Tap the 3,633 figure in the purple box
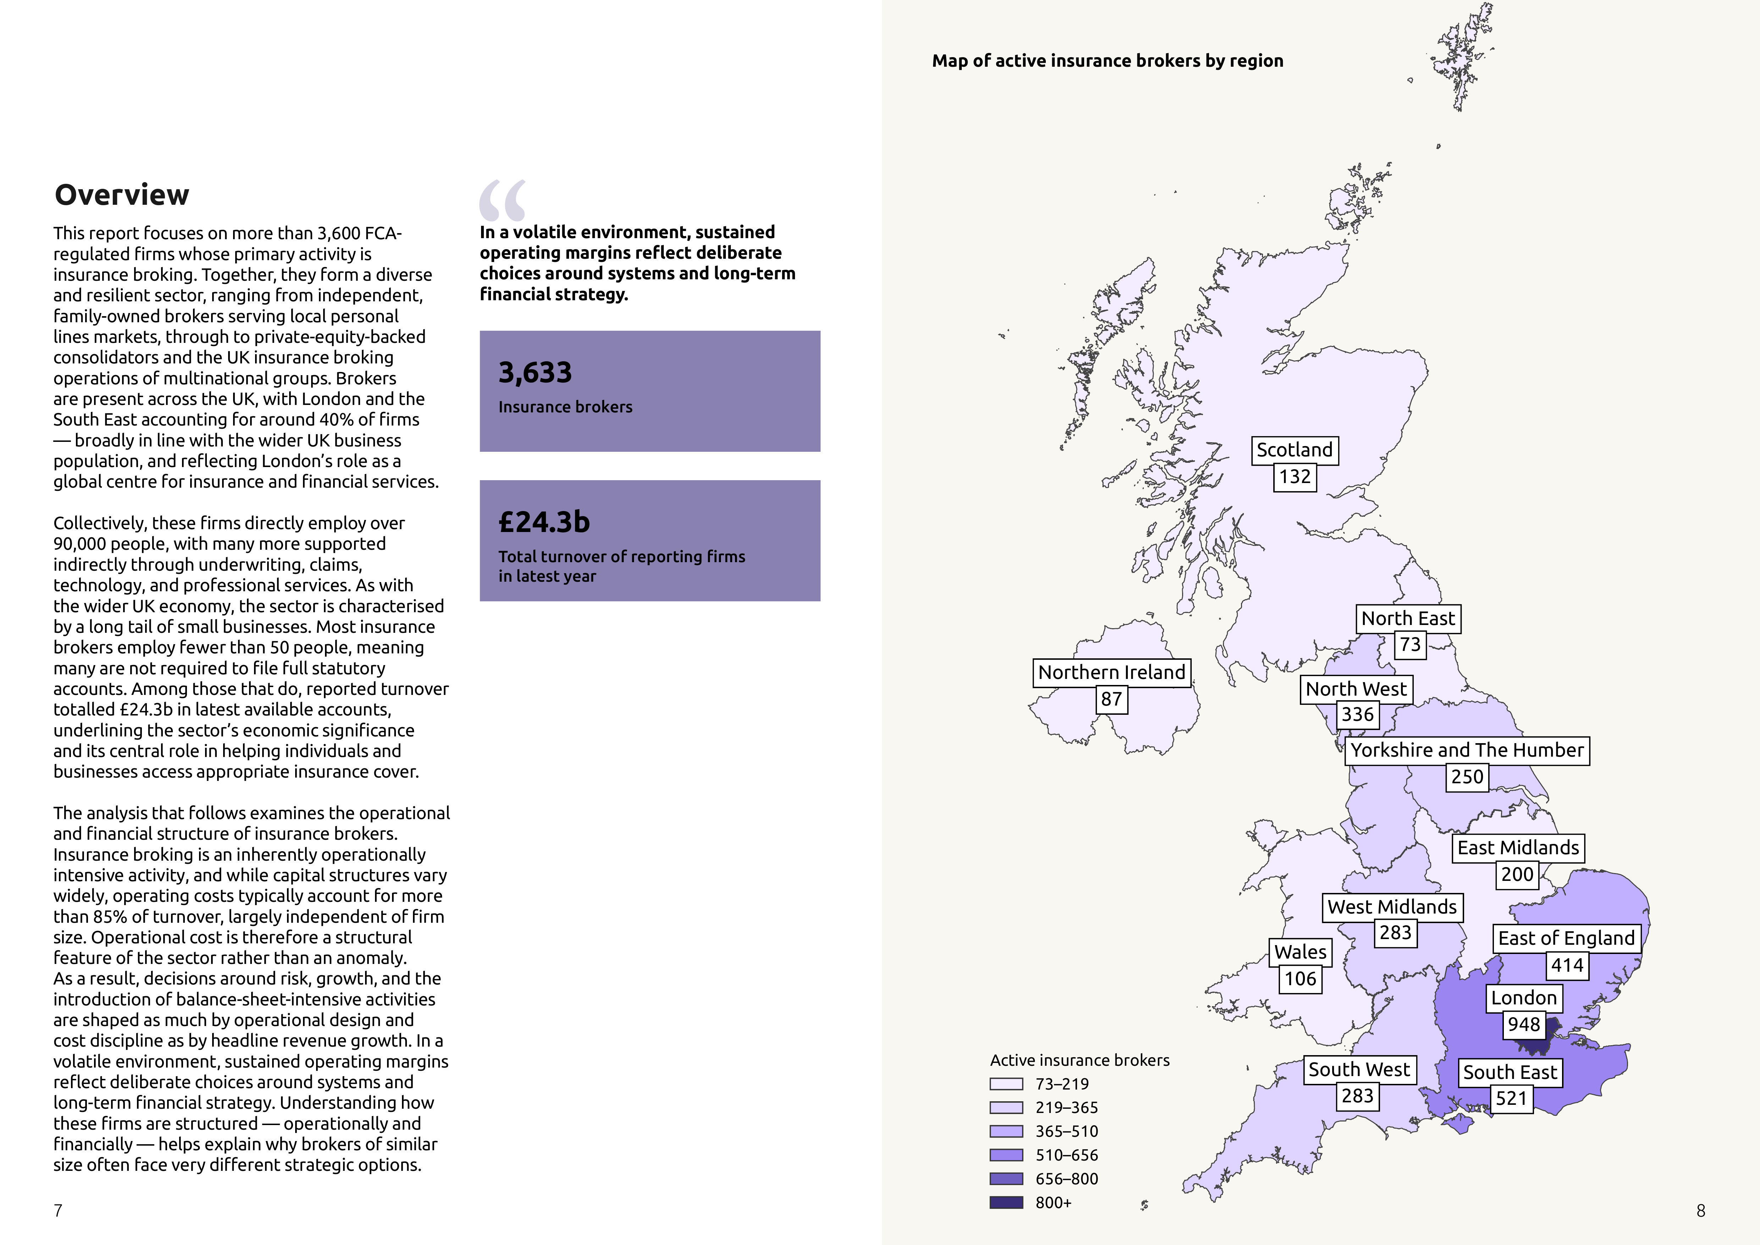pyautogui.click(x=535, y=373)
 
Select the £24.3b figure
pyautogui.click(x=544, y=522)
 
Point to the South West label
pyautogui.click(x=1358, y=1069)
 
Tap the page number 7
pyautogui.click(x=58, y=1211)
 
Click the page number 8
pyautogui.click(x=1701, y=1211)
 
